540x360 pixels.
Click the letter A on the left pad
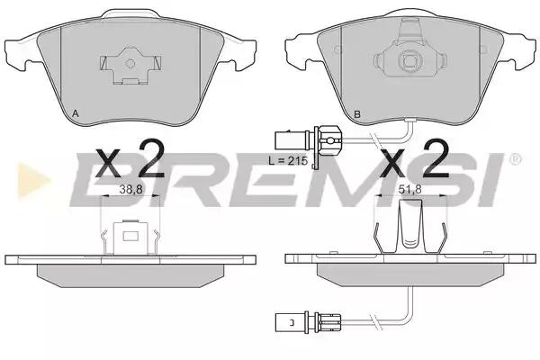76,113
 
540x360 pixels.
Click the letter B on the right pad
357,114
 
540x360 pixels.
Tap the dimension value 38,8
130,189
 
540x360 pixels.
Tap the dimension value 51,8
410,189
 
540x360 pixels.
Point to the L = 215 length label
288,160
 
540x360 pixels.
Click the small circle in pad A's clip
130,63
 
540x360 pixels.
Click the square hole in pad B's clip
409,61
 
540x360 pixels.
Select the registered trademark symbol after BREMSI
515,159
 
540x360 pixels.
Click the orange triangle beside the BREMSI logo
33,180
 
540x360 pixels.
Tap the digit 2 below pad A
150,158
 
